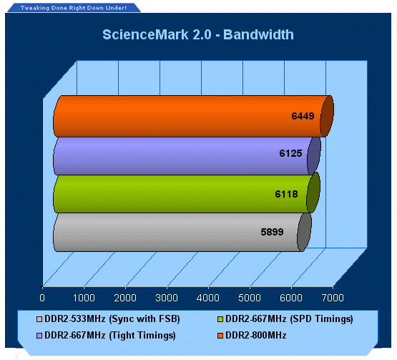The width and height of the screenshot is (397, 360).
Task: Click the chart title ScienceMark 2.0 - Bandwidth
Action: (x=198, y=34)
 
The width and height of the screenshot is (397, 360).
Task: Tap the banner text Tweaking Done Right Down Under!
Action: (x=74, y=8)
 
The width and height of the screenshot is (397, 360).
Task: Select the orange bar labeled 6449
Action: (x=193, y=116)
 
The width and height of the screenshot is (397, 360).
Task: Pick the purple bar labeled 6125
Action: (x=187, y=156)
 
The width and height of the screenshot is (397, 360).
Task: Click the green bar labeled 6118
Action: (x=187, y=194)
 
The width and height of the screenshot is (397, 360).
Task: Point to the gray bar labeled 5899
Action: (x=182, y=233)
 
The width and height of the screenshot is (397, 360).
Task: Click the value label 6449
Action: (x=303, y=116)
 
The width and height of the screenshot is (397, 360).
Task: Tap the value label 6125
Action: (x=290, y=153)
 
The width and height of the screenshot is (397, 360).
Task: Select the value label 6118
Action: (x=286, y=194)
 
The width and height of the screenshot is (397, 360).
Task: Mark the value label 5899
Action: (x=273, y=232)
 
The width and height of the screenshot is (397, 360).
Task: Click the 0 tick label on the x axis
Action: (x=42, y=298)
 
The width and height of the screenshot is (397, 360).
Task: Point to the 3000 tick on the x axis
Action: (x=167, y=298)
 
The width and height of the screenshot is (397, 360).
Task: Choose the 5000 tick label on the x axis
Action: (x=250, y=298)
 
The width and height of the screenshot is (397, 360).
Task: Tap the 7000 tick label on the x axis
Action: (x=333, y=298)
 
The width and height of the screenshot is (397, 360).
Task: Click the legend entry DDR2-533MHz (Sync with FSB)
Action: (x=108, y=319)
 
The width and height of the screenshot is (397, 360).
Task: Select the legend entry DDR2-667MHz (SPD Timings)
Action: (x=285, y=319)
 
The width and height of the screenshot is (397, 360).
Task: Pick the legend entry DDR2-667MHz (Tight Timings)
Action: (x=107, y=336)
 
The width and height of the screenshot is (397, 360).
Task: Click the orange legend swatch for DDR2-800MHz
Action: (x=220, y=336)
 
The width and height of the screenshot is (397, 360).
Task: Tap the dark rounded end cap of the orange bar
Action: (x=327, y=116)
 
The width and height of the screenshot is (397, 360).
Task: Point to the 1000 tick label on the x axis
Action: (x=84, y=298)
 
